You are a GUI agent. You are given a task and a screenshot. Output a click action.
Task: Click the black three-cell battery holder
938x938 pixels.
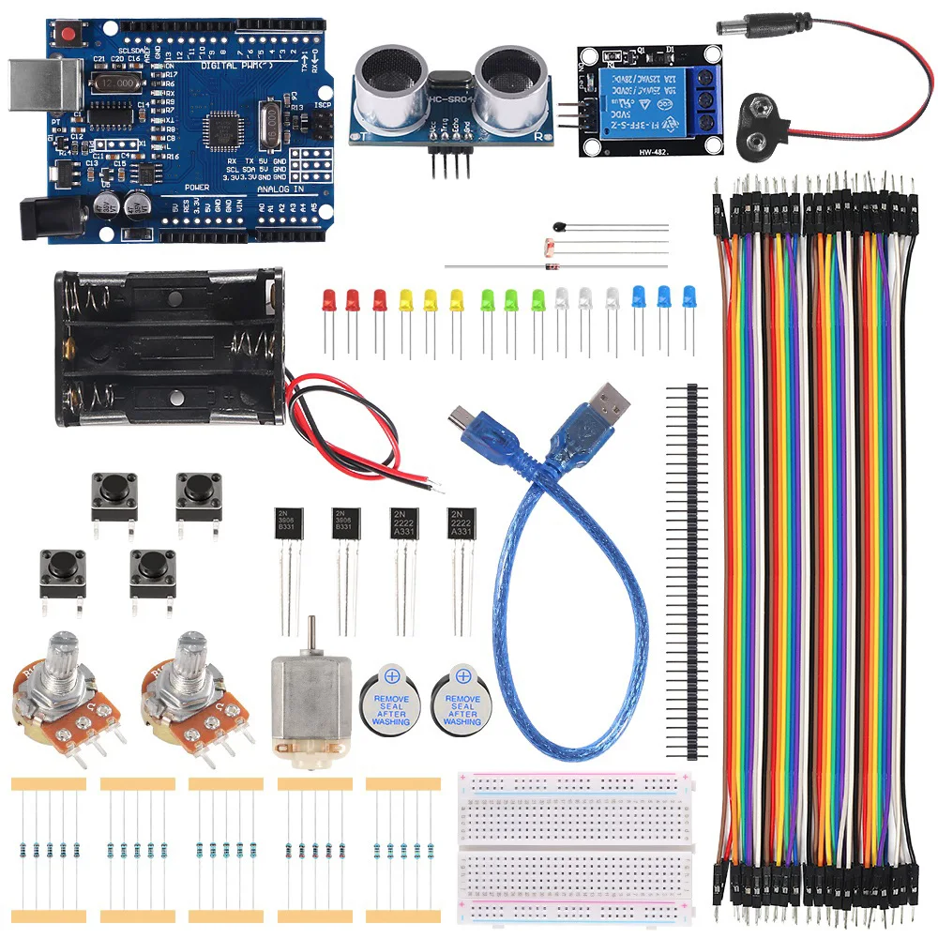point(169,347)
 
